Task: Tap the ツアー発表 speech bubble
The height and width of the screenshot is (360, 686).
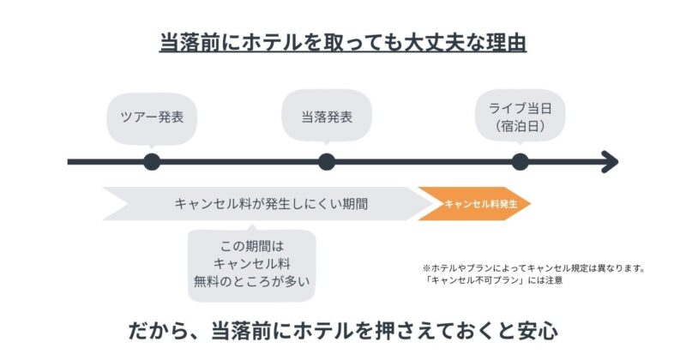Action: coord(152,117)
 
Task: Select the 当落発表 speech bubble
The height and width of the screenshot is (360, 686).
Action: coord(326,117)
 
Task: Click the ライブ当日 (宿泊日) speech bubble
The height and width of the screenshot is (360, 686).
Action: coord(521,116)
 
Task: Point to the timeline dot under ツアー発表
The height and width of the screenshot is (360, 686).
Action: coord(152,161)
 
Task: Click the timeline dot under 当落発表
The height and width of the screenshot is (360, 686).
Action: coord(326,161)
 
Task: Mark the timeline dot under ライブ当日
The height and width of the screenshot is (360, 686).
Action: coord(520,161)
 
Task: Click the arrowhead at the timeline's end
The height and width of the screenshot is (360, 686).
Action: coord(610,161)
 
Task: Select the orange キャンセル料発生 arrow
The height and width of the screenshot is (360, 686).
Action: coord(474,204)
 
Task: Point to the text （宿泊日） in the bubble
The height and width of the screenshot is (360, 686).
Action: coord(521,127)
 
